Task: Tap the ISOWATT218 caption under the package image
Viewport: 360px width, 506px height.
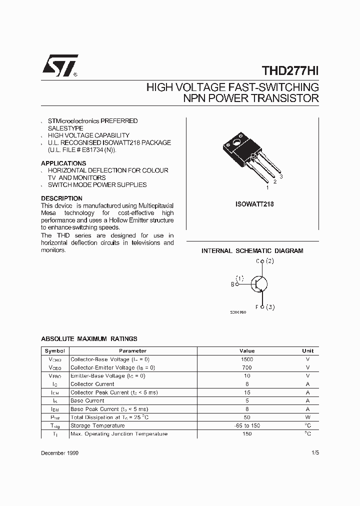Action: [254, 204]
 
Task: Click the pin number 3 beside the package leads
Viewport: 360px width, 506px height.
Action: [281, 177]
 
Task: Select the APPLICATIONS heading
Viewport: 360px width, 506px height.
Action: [63, 163]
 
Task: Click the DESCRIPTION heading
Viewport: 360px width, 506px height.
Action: [61, 198]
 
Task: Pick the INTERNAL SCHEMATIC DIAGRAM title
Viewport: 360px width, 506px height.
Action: [252, 251]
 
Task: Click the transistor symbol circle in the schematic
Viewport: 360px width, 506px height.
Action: [258, 284]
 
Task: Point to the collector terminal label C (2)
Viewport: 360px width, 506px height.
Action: [265, 261]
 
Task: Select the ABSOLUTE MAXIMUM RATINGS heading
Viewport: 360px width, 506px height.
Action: [89, 339]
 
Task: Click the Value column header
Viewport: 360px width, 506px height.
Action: [247, 351]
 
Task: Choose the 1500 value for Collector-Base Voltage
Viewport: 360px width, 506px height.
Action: [247, 359]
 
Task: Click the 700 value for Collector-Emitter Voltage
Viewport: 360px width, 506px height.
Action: [247, 367]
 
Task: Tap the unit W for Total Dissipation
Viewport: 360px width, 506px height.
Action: [308, 417]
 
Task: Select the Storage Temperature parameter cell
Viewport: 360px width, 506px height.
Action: [97, 425]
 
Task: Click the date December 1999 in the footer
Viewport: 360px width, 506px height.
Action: [59, 452]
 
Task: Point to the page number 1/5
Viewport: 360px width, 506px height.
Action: [313, 452]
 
